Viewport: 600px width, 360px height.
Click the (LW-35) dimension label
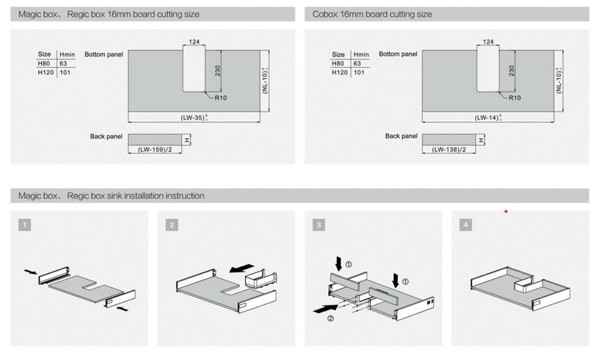coord(193,118)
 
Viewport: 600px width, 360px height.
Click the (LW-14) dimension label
coord(487,118)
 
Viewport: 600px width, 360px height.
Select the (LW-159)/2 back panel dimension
coord(154,150)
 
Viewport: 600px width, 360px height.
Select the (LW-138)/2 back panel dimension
coord(449,150)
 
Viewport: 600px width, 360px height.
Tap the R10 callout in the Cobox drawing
coord(514,97)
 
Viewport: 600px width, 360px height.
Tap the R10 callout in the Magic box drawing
coord(220,97)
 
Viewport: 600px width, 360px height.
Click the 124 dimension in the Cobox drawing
coord(487,42)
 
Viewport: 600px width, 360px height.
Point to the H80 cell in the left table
coord(45,63)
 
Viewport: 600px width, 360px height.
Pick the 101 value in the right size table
coord(359,73)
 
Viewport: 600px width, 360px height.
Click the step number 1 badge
coord(24,225)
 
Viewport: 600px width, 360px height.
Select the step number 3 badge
coord(319,225)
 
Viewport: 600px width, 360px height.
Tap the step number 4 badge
coord(466,225)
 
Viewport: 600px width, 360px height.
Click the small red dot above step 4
coord(506,211)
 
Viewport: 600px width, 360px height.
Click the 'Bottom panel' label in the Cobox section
coord(398,54)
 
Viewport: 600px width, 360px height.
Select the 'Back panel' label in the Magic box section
coord(106,136)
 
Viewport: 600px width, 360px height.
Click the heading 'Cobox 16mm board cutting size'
coord(372,14)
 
